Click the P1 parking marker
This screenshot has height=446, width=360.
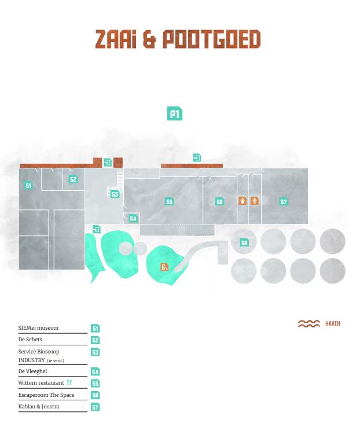click(x=174, y=114)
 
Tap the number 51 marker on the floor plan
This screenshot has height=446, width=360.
click(x=28, y=186)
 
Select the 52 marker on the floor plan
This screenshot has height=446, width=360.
click(x=73, y=179)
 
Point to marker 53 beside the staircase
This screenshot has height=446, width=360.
click(x=115, y=194)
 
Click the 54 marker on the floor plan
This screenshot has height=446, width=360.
click(x=133, y=219)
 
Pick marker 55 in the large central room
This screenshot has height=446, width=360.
click(x=170, y=202)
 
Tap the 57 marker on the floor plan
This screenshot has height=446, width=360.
click(x=284, y=202)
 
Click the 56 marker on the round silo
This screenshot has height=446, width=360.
click(x=244, y=242)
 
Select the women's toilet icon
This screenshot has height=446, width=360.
click(x=243, y=201)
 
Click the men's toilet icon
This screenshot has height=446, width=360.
click(x=255, y=201)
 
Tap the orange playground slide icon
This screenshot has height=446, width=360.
click(x=164, y=267)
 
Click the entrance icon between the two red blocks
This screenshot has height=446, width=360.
click(x=107, y=162)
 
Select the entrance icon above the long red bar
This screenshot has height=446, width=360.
click(x=197, y=157)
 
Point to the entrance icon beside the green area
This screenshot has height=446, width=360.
click(x=97, y=229)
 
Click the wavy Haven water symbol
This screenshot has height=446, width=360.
click(x=308, y=323)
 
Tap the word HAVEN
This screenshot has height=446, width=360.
click(x=333, y=324)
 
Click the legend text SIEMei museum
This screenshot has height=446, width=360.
click(x=38, y=327)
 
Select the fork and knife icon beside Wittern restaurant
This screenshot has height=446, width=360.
click(x=69, y=382)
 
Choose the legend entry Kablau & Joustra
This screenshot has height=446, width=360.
click(x=39, y=407)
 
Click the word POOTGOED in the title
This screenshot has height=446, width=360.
click(x=211, y=39)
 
